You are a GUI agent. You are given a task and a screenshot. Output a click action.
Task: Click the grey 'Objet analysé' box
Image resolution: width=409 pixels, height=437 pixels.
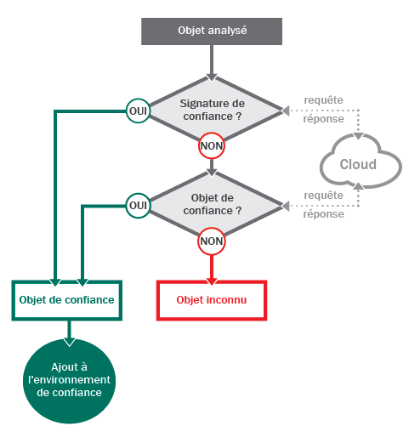click(x=212, y=31)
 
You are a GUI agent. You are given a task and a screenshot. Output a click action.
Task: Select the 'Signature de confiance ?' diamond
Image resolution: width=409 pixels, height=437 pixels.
click(x=212, y=110)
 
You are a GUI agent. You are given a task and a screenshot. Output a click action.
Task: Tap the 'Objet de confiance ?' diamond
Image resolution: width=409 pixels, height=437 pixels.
click(x=212, y=205)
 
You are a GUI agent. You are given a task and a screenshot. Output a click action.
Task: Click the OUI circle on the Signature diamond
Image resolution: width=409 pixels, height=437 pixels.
click(x=138, y=111)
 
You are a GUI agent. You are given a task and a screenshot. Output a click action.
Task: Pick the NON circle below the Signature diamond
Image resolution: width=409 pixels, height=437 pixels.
click(x=212, y=145)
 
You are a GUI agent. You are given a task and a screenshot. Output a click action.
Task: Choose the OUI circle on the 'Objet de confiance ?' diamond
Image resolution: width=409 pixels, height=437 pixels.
click(x=138, y=206)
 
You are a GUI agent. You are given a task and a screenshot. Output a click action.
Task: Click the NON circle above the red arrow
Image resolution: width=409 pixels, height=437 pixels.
click(x=212, y=241)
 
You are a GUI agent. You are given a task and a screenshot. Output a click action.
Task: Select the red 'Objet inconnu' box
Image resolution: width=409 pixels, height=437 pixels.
click(x=212, y=300)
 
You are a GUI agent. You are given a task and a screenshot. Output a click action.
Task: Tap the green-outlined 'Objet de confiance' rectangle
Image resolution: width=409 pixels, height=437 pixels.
click(x=67, y=300)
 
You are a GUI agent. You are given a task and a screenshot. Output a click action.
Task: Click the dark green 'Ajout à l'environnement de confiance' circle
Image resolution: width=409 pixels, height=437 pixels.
click(x=69, y=381)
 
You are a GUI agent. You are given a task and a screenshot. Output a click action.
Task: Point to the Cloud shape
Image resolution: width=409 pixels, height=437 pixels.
click(x=360, y=162)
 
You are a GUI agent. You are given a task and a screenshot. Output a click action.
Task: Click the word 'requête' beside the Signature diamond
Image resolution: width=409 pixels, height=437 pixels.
click(x=323, y=100)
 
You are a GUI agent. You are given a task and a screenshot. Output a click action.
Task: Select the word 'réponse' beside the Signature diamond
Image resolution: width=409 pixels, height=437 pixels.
click(x=323, y=119)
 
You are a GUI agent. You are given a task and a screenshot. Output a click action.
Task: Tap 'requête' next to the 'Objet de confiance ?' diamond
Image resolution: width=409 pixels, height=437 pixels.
click(x=323, y=196)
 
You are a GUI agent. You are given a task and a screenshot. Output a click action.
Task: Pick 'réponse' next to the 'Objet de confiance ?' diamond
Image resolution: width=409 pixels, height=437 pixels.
click(x=323, y=214)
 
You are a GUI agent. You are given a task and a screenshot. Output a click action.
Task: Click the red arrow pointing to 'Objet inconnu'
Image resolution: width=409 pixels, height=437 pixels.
click(x=212, y=270)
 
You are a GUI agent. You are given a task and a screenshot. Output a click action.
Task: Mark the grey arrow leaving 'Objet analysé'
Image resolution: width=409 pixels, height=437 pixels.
click(x=212, y=63)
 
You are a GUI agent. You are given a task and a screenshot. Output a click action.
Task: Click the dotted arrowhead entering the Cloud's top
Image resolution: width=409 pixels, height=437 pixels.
click(x=359, y=136)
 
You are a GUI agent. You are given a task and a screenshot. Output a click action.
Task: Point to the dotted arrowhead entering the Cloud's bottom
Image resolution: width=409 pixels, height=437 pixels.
click(x=359, y=186)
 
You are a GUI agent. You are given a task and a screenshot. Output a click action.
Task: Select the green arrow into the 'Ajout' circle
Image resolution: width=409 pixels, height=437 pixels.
click(x=69, y=333)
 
